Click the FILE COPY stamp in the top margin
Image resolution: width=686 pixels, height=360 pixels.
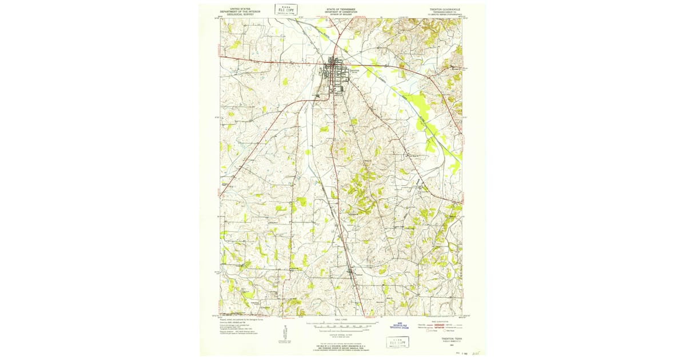(x=286, y=9)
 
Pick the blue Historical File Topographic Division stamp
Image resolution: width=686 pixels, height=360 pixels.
(x=400, y=325)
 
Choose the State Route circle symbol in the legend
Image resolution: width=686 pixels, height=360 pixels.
(x=444, y=331)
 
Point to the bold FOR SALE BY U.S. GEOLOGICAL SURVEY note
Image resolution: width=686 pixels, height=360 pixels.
(x=342, y=346)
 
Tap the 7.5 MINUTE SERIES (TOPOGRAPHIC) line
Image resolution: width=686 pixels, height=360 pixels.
(x=445, y=15)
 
